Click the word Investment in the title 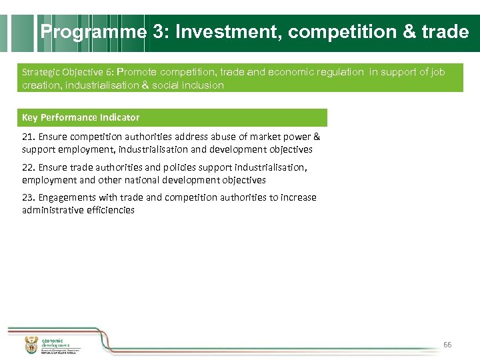point(228,32)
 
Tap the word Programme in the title point(93,32)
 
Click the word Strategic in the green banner point(40,72)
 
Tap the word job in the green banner point(437,72)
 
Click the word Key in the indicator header point(30,117)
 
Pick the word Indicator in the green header point(120,117)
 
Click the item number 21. point(27,137)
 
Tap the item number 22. point(27,167)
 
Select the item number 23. point(27,197)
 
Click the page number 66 point(447,345)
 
